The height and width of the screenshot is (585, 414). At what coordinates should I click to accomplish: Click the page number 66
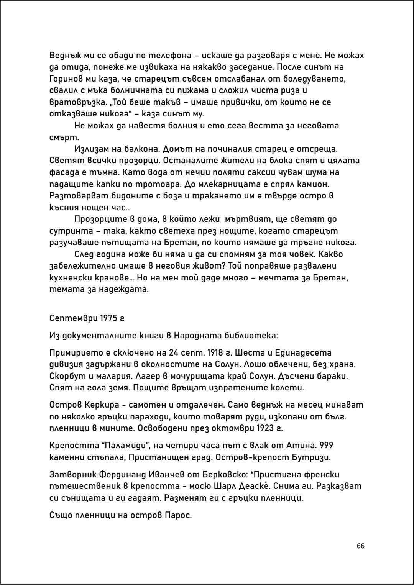(x=360, y=546)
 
